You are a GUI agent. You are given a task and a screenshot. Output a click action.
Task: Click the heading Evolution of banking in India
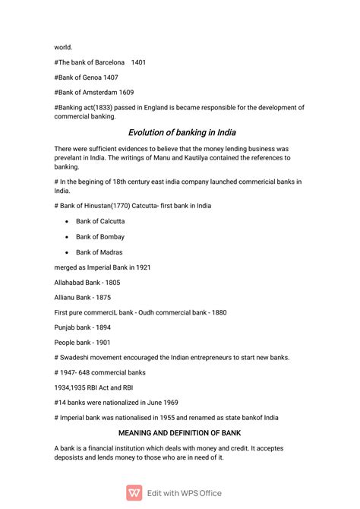182,132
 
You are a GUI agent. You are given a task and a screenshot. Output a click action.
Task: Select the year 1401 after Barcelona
138,62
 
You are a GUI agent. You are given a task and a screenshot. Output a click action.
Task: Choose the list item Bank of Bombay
99,236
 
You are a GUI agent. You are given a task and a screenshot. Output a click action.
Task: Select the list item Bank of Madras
99,251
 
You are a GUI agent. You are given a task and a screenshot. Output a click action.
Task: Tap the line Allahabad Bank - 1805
87,282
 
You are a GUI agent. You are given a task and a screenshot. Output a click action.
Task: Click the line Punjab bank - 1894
82,327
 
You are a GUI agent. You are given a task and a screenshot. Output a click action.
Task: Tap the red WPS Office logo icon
134,492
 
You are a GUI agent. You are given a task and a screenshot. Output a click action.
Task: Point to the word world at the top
63,46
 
